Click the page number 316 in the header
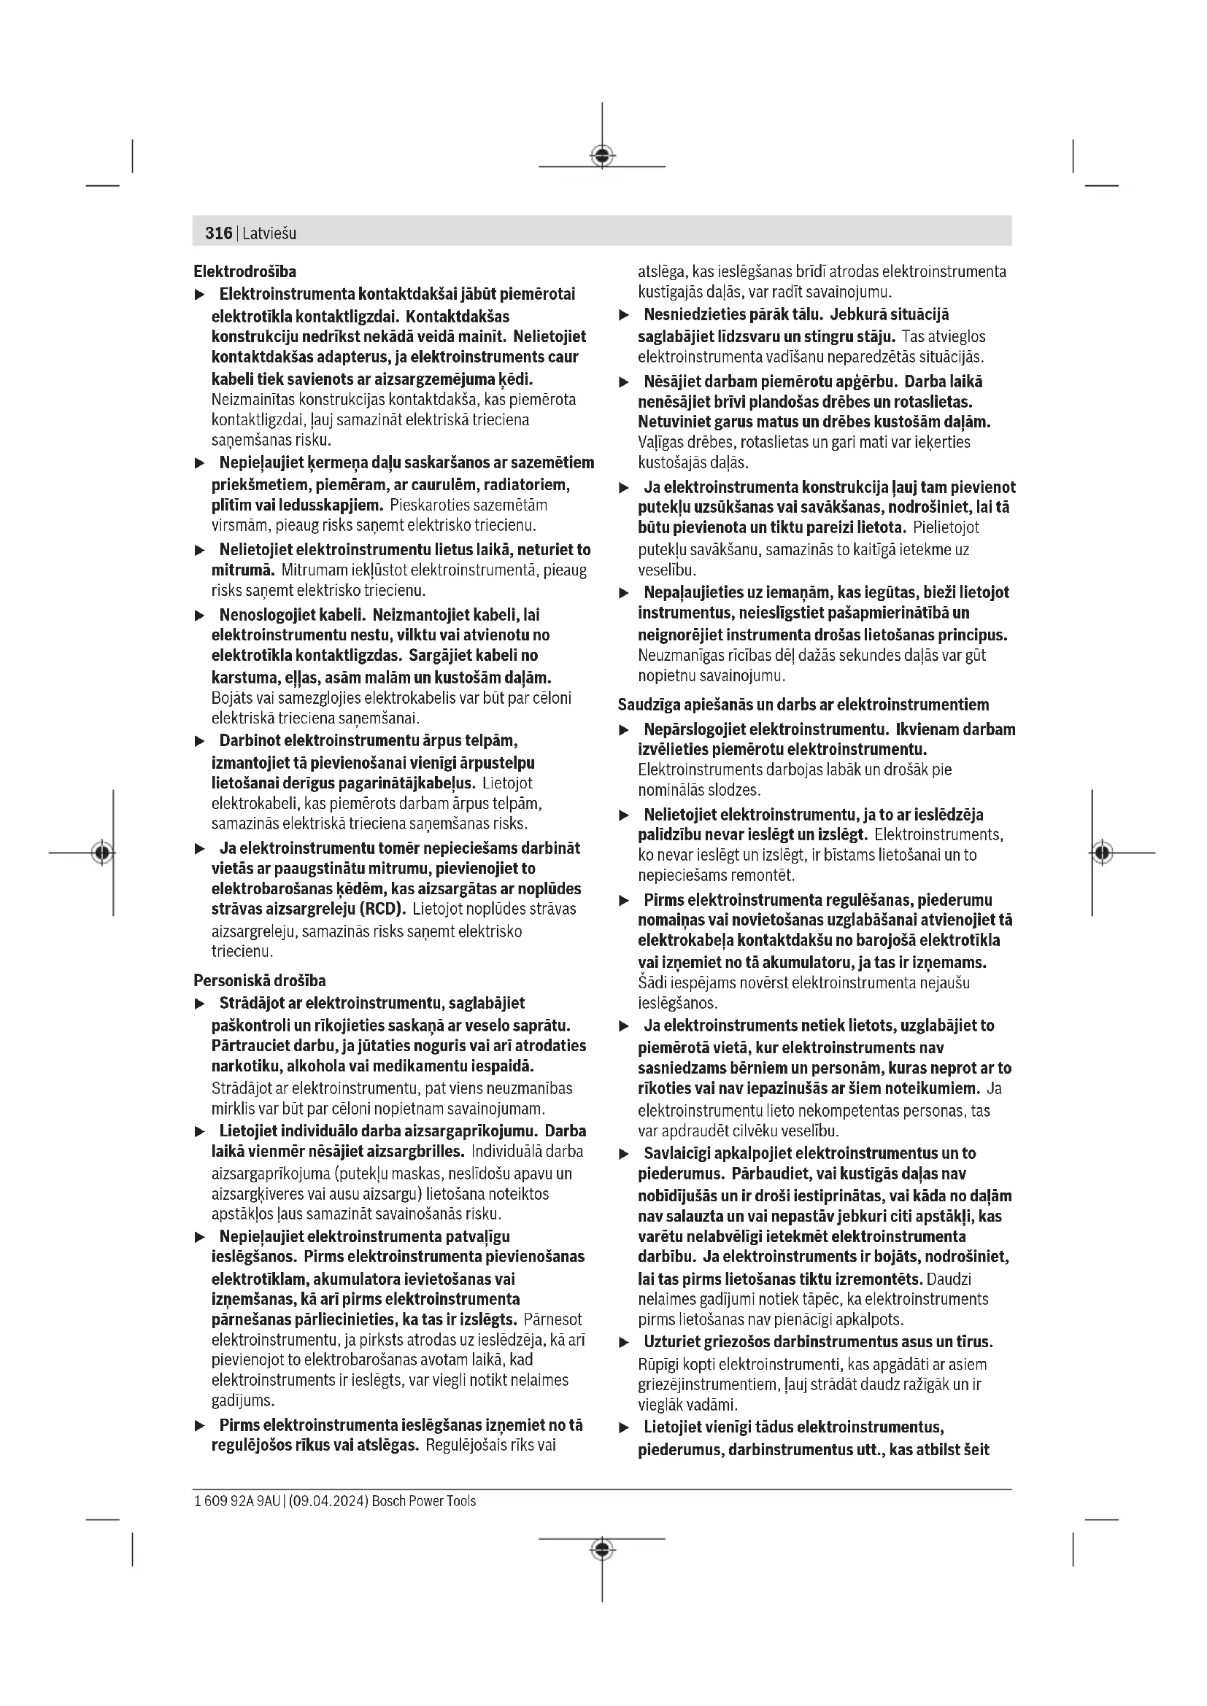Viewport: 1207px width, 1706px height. click(x=218, y=233)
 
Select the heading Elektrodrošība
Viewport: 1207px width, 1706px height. click(x=244, y=272)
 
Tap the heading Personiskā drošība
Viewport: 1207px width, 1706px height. click(x=259, y=981)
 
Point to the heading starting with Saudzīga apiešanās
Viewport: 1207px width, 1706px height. click(x=803, y=705)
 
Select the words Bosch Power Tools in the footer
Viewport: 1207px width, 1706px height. click(x=424, y=1501)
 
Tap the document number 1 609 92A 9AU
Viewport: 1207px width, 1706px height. click(x=236, y=1501)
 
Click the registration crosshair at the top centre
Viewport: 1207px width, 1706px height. click(x=602, y=156)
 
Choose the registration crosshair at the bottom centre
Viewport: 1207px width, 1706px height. click(x=602, y=1548)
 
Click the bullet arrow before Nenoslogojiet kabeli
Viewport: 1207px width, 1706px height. click(x=199, y=616)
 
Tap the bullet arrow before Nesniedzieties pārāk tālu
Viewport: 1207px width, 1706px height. click(x=625, y=316)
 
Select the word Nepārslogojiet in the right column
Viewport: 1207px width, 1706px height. click(x=692, y=729)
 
